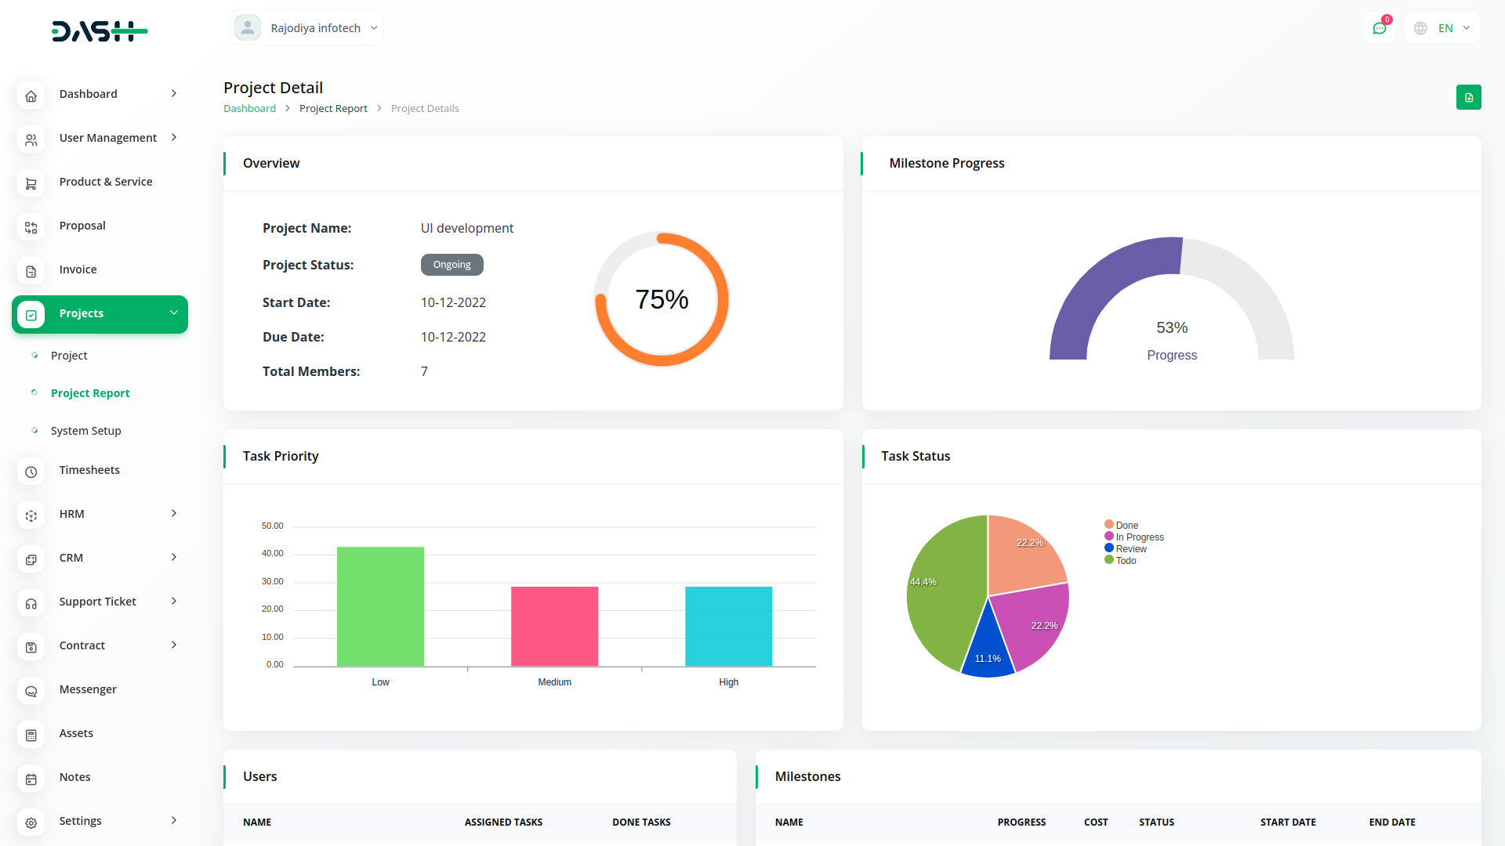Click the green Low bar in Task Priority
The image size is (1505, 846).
click(380, 606)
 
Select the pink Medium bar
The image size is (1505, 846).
click(554, 627)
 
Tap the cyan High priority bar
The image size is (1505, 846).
click(728, 627)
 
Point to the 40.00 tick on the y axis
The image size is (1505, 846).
click(273, 554)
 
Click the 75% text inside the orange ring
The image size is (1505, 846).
click(662, 299)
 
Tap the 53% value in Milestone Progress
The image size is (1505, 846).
click(1172, 327)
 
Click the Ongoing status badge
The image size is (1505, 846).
click(451, 265)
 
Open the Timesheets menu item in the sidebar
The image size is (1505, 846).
click(89, 470)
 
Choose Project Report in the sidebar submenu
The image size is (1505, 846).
click(90, 393)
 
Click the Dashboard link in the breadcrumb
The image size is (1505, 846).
click(249, 109)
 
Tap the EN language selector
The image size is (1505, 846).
click(1444, 28)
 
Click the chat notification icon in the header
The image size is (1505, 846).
click(1380, 28)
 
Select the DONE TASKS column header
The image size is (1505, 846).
click(641, 822)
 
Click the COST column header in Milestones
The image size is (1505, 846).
click(1096, 822)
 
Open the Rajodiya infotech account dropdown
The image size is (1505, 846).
click(306, 28)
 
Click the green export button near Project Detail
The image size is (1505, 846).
click(1468, 97)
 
